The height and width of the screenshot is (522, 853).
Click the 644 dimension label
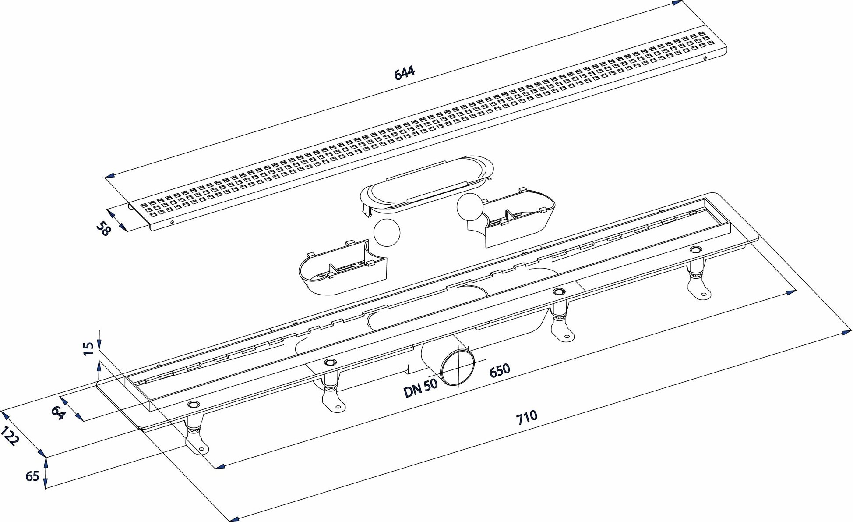[404, 72]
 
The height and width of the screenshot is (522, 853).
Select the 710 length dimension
[526, 417]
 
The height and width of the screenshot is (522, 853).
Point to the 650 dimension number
[499, 370]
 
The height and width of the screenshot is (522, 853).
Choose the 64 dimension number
[58, 413]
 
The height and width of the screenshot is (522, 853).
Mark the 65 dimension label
[32, 476]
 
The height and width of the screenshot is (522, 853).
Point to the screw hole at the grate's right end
[705, 59]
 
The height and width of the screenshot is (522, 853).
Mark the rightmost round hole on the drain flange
[695, 250]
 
